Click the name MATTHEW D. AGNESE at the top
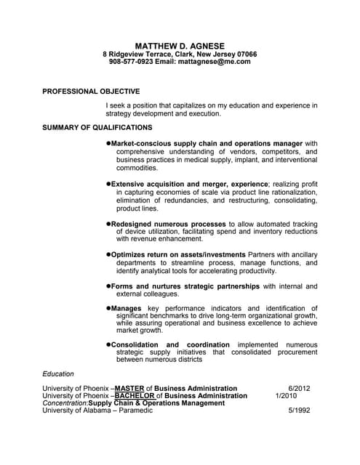tap(180, 46)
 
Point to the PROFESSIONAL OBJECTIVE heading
tap(91, 92)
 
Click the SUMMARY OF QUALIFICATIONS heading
tap(97, 127)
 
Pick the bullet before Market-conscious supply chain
tap(109, 144)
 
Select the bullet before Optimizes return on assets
tap(109, 255)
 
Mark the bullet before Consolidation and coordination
tap(109, 344)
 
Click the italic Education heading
tap(58, 374)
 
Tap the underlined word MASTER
tap(130, 389)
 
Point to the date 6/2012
tap(299, 389)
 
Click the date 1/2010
tap(286, 396)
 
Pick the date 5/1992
tap(299, 411)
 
